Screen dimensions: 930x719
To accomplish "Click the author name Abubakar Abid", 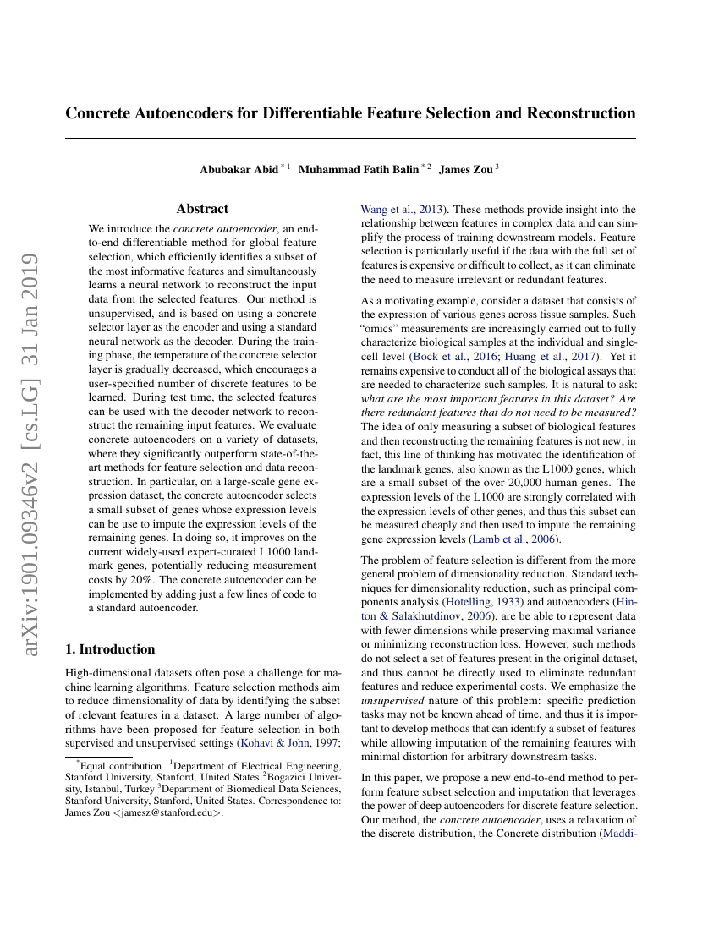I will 239,170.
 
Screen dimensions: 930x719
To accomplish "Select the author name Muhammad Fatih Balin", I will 359,170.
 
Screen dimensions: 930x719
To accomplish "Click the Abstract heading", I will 202,209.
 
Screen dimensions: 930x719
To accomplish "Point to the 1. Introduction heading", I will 110,649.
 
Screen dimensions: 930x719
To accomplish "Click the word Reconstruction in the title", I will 581,113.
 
